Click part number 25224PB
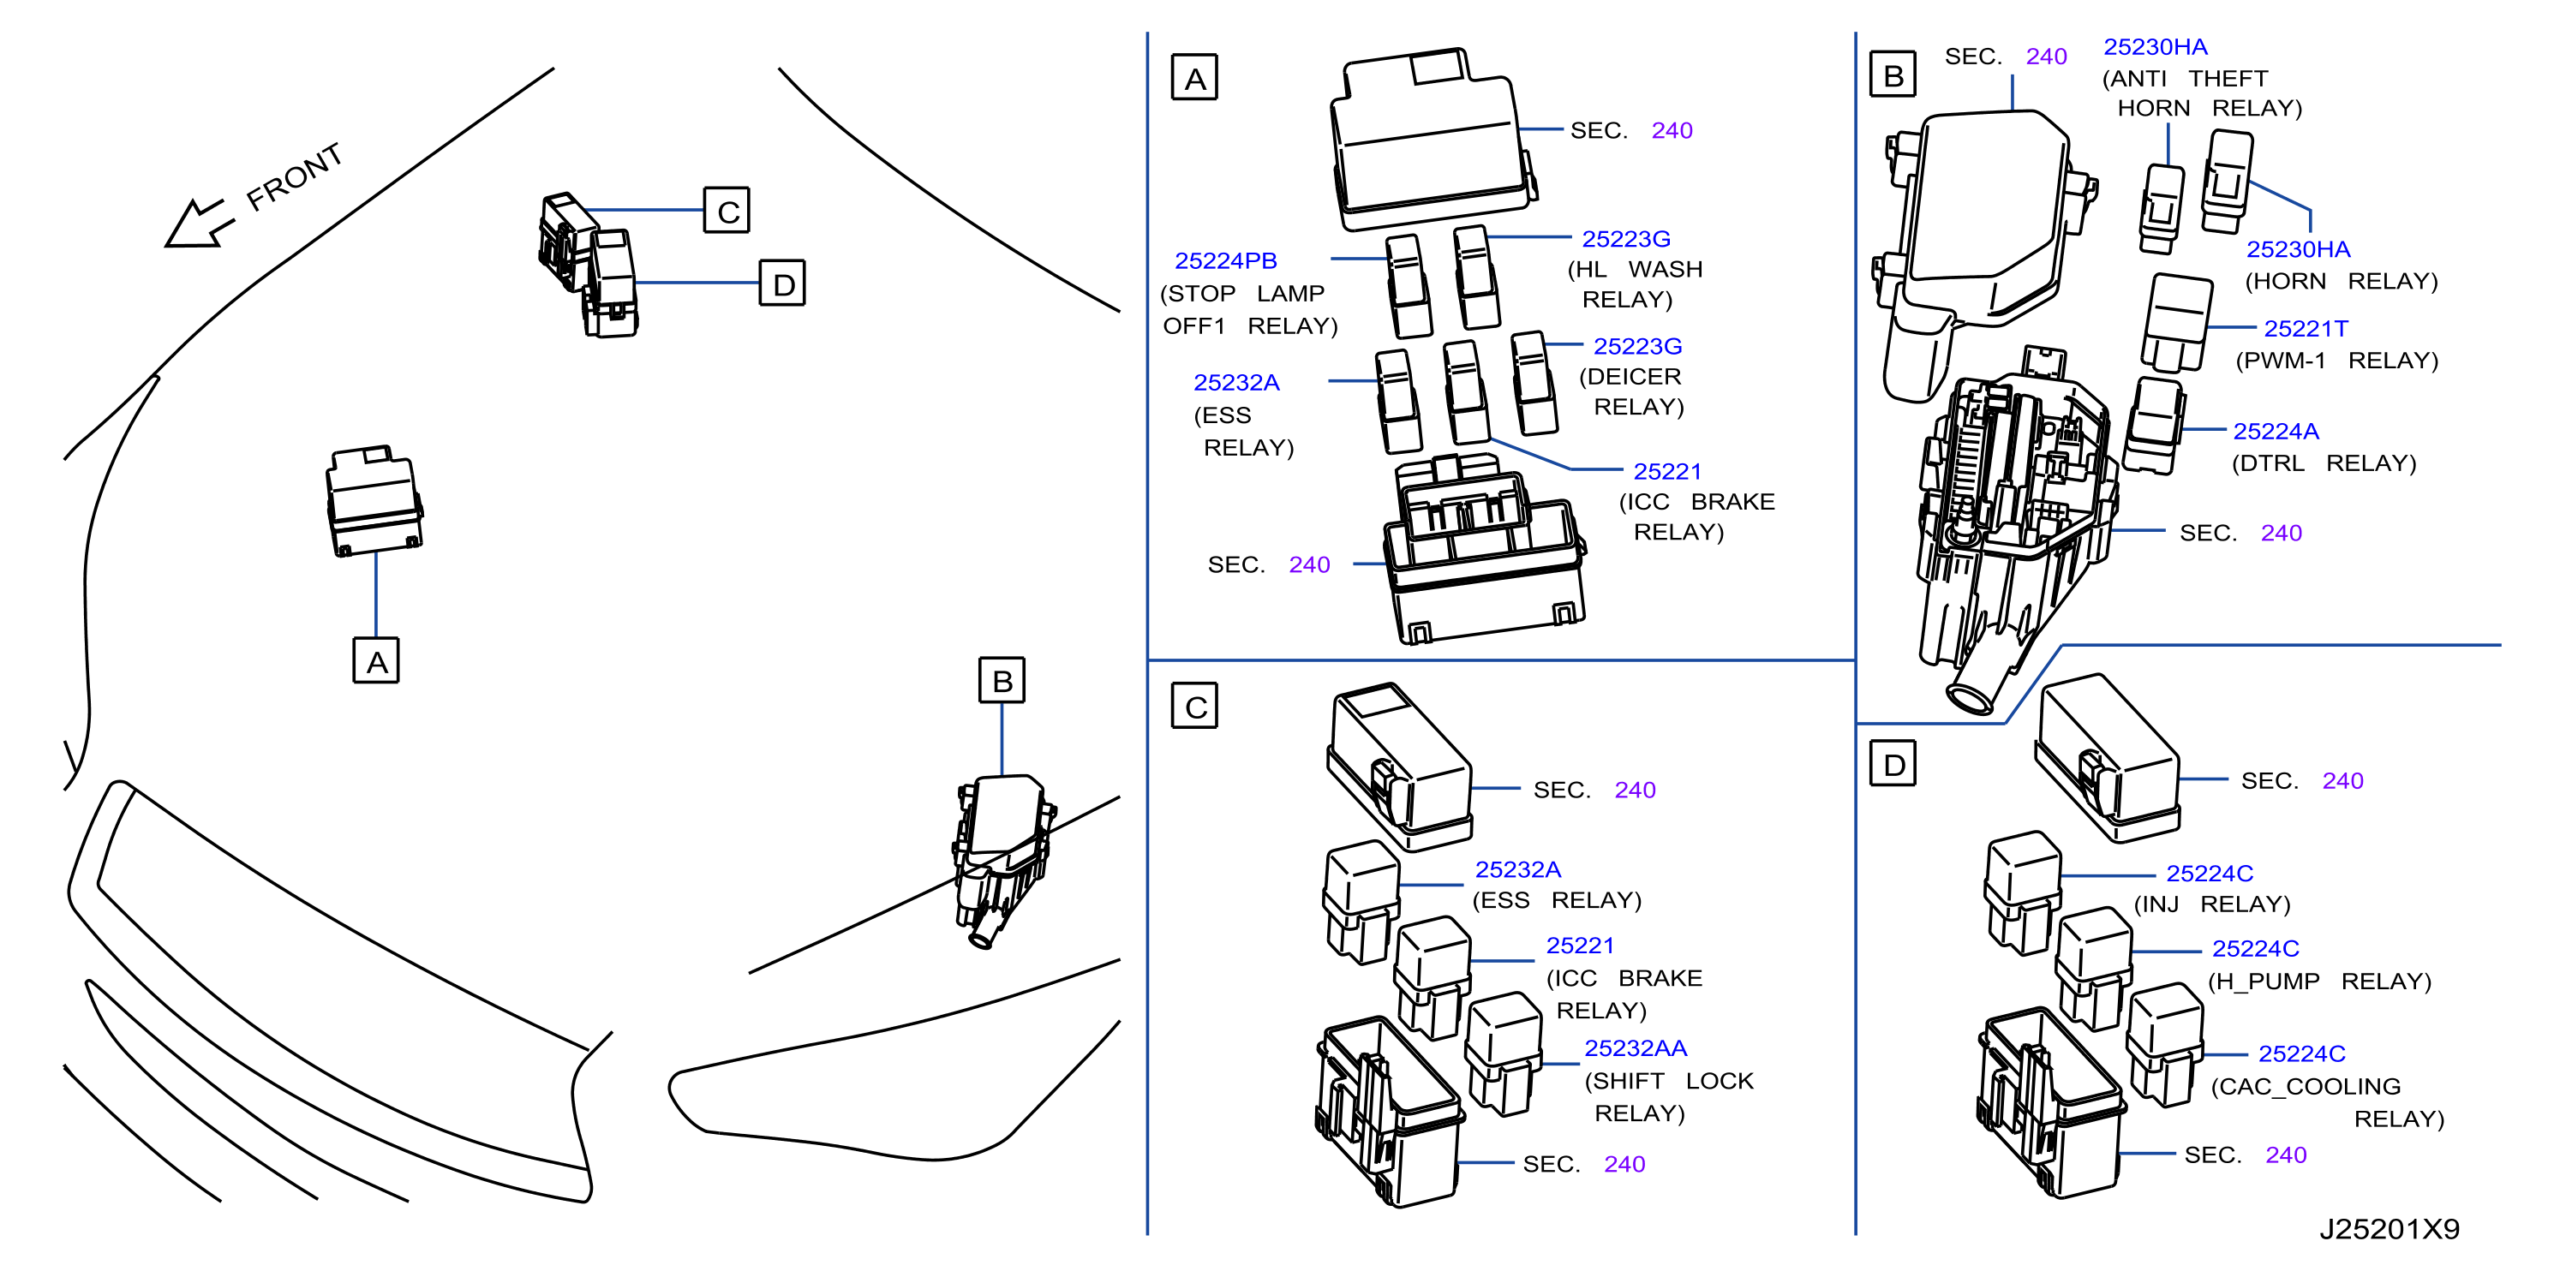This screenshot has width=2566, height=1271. tap(1225, 261)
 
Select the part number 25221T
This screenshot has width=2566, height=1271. tap(2306, 329)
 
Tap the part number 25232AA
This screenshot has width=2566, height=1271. tap(1636, 1049)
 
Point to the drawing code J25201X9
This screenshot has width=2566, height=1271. tap(2390, 1229)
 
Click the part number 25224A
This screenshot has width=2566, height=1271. tap(2276, 432)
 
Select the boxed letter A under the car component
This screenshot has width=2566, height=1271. tap(376, 660)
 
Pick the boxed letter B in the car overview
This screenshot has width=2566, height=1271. tap(1002, 680)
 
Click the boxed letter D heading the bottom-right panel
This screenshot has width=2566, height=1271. tap(1893, 763)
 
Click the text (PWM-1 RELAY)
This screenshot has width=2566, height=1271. tap(2337, 361)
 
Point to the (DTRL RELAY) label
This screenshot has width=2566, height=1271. tap(2324, 463)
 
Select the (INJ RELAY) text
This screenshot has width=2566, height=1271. tap(2211, 904)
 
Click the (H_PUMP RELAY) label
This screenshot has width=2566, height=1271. tap(2320, 982)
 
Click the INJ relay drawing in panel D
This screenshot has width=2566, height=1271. tap(2022, 892)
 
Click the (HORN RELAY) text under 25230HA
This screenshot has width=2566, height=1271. tap(2341, 282)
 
